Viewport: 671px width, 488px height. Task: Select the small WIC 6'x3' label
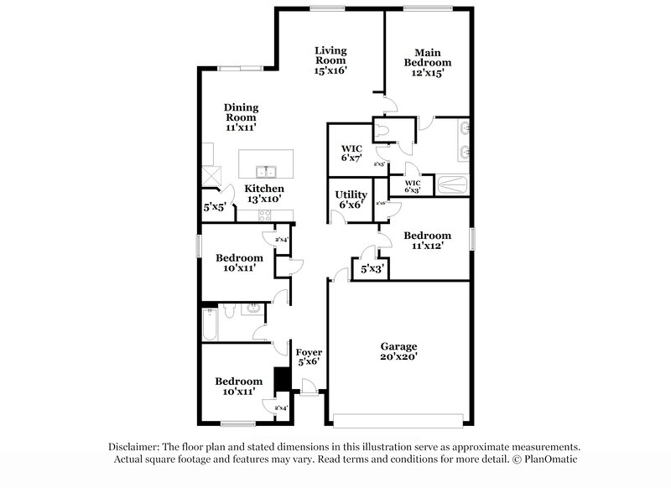(413, 186)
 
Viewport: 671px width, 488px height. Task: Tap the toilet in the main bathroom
(383, 131)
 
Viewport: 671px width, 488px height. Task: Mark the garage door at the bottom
(399, 418)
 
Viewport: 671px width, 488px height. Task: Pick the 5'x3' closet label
(372, 270)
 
